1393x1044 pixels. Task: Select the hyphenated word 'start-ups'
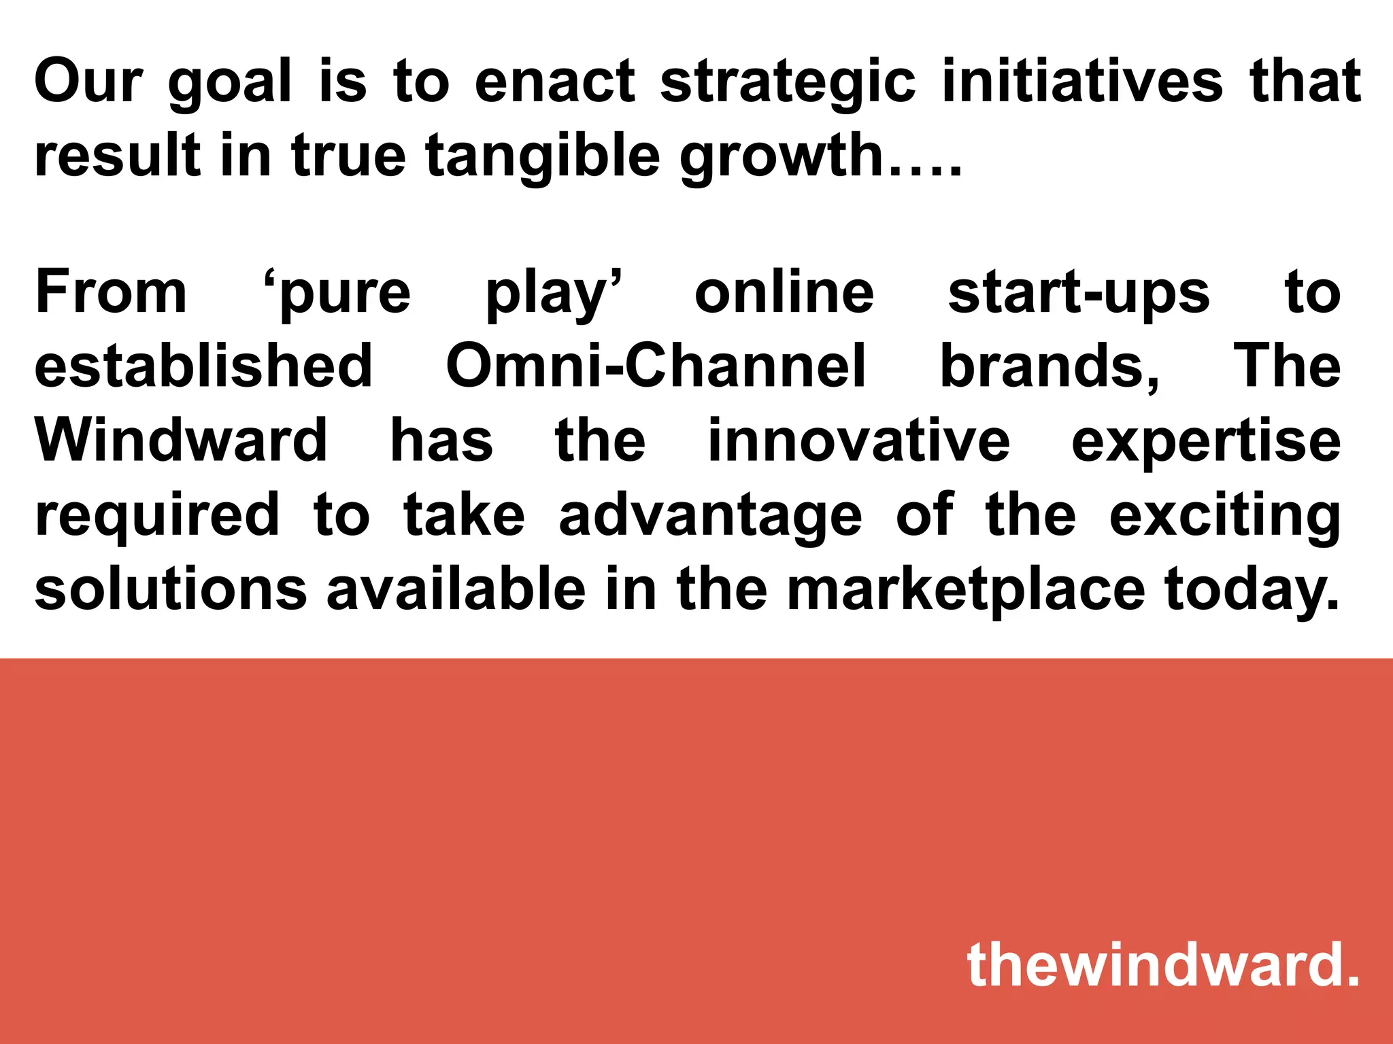(x=1079, y=294)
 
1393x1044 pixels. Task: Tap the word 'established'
(x=203, y=366)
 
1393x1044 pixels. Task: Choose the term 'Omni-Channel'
(x=656, y=366)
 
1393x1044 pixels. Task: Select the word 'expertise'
(x=1206, y=442)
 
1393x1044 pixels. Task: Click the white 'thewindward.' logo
(x=1163, y=965)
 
